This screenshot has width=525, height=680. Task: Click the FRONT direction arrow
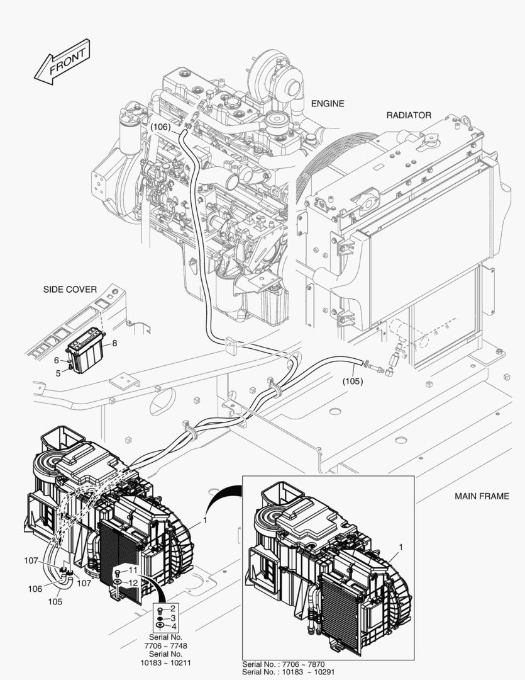point(62,62)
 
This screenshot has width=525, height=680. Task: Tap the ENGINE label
point(328,103)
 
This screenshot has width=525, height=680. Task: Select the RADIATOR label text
point(408,115)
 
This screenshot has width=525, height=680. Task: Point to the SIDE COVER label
point(70,290)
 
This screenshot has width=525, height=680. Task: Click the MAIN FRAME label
point(482,496)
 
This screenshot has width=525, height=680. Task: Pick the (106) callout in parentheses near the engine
point(160,127)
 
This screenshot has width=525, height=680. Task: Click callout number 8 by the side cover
point(115,343)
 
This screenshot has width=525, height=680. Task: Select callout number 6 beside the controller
point(56,360)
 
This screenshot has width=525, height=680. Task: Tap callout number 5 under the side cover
point(58,373)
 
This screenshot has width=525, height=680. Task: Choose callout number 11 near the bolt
point(133,570)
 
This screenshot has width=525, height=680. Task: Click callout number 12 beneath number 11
point(133,582)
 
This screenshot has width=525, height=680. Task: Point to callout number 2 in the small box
point(174,609)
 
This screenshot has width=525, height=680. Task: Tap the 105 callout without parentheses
point(55,601)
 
